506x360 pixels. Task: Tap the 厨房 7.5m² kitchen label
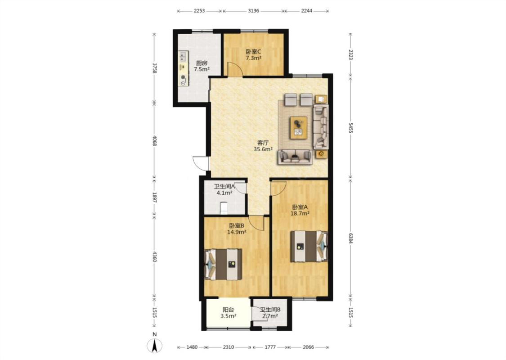click(202, 66)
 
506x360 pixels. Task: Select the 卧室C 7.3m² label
click(253, 54)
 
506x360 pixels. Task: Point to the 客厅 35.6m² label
click(263, 146)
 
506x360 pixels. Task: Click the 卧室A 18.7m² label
click(300, 210)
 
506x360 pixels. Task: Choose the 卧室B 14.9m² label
click(237, 229)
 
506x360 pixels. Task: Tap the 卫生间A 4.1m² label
click(224, 190)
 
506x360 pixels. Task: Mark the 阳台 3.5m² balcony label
click(228, 313)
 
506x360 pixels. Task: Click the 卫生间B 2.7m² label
click(270, 313)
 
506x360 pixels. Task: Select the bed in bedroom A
click(309, 246)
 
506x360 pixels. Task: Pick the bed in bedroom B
click(223, 264)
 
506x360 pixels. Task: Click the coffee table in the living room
click(299, 127)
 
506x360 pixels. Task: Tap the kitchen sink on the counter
click(184, 57)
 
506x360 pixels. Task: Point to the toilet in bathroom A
click(224, 208)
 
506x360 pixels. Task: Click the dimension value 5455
click(350, 127)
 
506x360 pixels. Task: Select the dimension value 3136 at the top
click(253, 11)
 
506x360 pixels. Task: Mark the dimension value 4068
click(155, 140)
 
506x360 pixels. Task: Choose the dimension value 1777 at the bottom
click(270, 347)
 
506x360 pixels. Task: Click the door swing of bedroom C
click(235, 69)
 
